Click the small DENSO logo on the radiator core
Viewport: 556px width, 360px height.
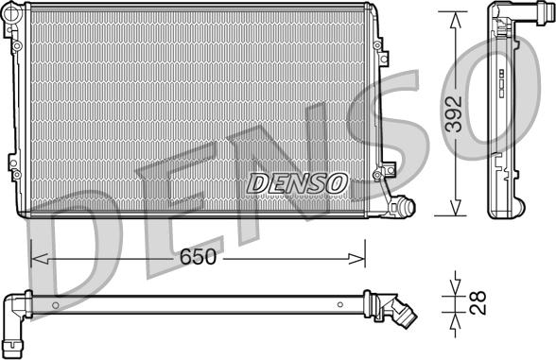[297, 182]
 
